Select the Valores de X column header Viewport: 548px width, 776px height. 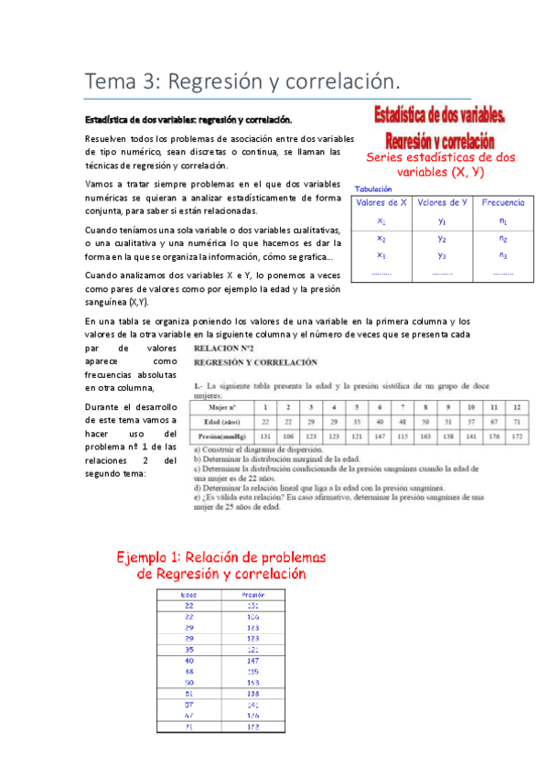[381, 202]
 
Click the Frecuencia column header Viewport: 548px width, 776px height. [503, 202]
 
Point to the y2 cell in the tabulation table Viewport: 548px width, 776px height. [442, 238]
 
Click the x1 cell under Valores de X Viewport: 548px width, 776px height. [381, 221]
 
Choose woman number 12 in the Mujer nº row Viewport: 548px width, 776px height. [517, 406]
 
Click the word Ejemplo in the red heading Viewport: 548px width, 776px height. [151, 557]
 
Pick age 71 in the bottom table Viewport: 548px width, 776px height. [189, 727]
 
